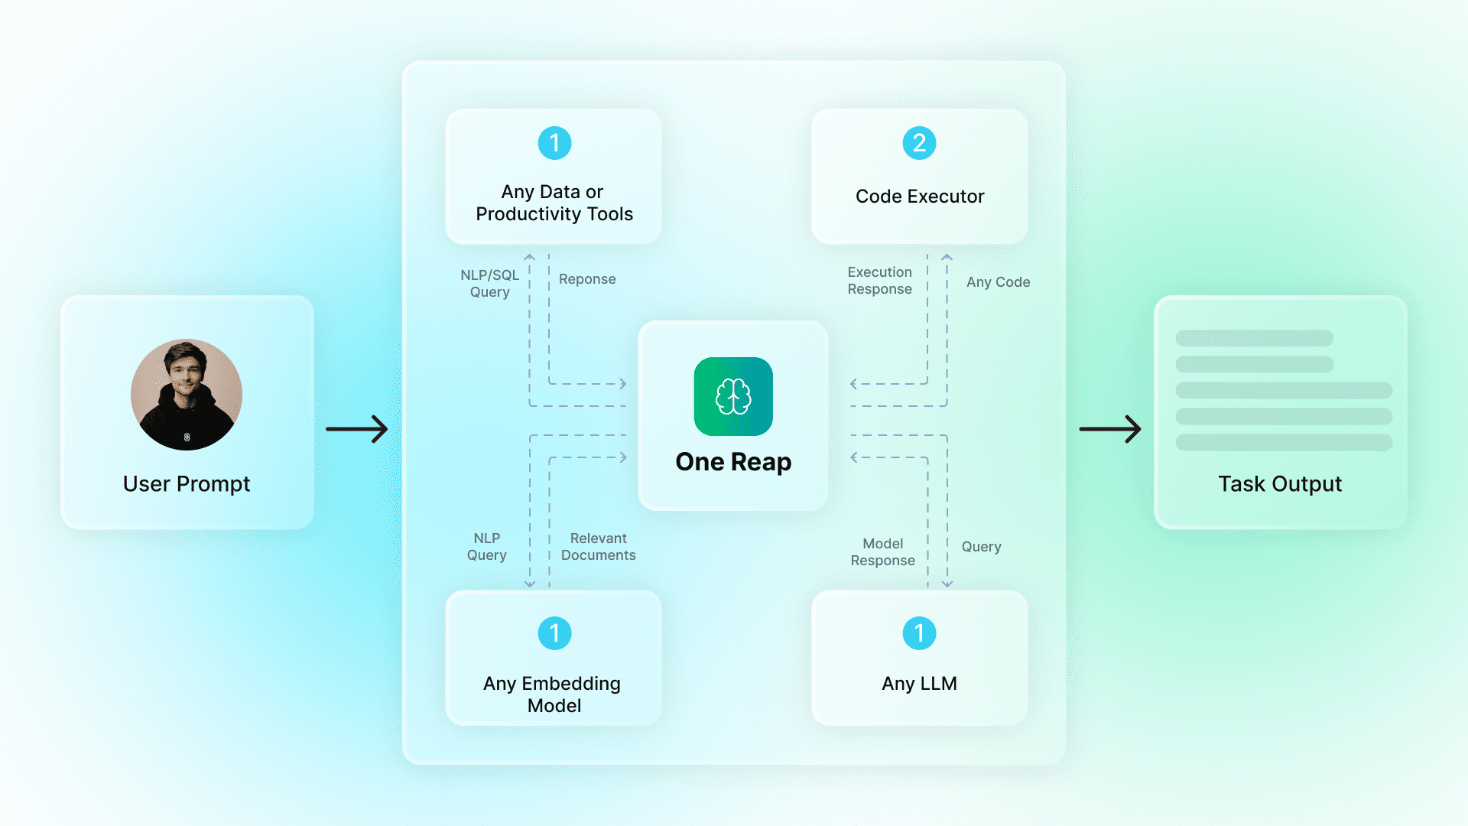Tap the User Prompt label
point(187,484)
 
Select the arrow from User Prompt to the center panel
point(357,429)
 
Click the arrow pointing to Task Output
point(1110,429)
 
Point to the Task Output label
point(1280,484)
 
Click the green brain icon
point(733,396)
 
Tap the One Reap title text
point(733,462)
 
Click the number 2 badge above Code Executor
point(919,143)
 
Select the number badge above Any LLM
point(919,633)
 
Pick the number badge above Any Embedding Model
point(554,633)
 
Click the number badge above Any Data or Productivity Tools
point(554,143)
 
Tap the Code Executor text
point(920,197)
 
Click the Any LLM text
point(919,684)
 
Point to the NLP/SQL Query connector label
point(490,284)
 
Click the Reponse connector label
point(587,279)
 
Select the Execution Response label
point(879,281)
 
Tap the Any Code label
point(998,282)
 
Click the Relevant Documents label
point(598,547)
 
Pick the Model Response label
point(882,552)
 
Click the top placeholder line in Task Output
point(1254,338)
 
